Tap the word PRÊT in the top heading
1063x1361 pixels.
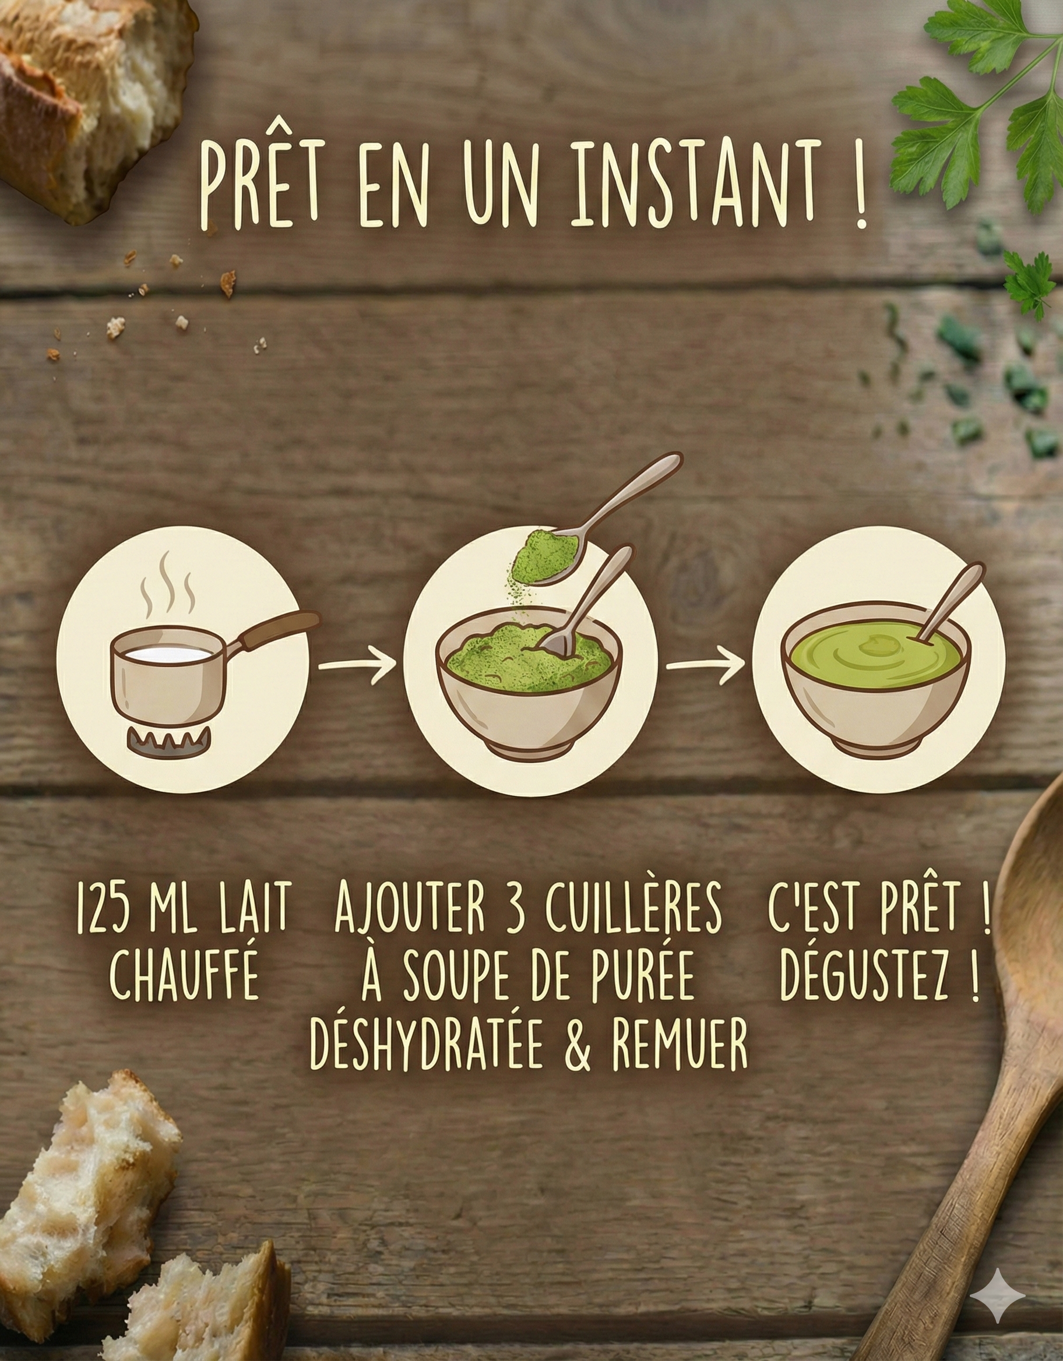tap(261, 185)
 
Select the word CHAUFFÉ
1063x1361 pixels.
tap(184, 977)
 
